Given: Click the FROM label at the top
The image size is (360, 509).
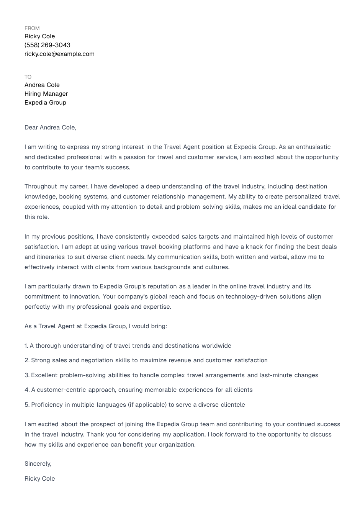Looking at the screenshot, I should click(32, 28).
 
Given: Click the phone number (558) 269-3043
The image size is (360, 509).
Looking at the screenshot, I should click(47, 45).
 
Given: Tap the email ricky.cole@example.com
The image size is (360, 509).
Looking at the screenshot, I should click(59, 54).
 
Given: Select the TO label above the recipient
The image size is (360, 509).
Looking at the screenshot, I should click(28, 77).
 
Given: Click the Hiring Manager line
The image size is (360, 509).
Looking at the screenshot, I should click(46, 94).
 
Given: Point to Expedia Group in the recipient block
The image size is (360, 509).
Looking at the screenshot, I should click(45, 103).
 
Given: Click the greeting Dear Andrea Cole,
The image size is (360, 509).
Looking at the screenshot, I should click(50, 128).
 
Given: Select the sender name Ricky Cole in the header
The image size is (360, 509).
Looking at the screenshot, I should click(39, 36).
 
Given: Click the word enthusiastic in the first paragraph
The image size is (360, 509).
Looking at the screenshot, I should click(313, 147).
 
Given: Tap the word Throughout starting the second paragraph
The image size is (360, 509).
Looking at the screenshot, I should click(41, 187).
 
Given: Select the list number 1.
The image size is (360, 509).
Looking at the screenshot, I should click(26, 346).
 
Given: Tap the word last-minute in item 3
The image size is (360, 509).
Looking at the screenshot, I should click(276, 375).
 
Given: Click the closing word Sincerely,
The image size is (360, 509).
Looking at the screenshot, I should click(38, 464).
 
